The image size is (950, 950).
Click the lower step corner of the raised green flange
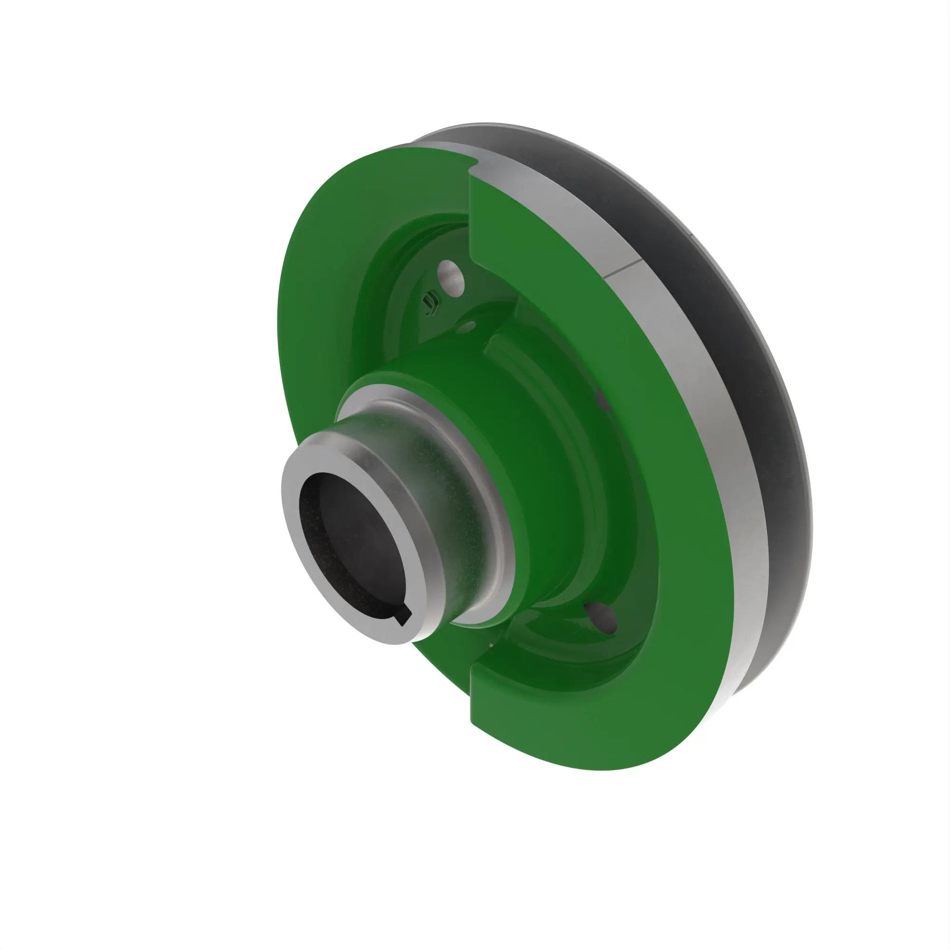[x=472, y=669]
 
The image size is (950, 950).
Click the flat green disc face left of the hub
[x=315, y=344]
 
